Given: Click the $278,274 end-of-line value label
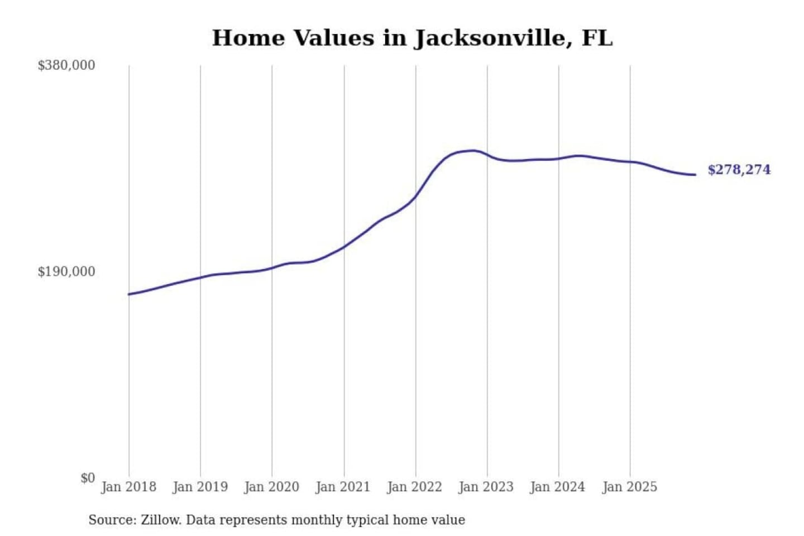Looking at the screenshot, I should pyautogui.click(x=739, y=170).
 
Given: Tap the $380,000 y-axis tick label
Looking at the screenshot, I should pyautogui.click(x=66, y=65).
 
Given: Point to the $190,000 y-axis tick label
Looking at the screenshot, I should pyautogui.click(x=66, y=272).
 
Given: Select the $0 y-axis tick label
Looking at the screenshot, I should pyautogui.click(x=87, y=478).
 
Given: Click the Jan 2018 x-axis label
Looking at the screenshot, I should pyautogui.click(x=128, y=487).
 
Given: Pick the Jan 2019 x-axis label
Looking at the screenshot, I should pyautogui.click(x=200, y=487).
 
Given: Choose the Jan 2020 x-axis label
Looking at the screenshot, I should pyautogui.click(x=271, y=487).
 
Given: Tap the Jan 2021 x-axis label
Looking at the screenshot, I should pyautogui.click(x=343, y=487).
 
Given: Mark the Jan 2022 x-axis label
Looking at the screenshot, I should pyautogui.click(x=414, y=487).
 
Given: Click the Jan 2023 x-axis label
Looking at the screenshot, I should pyautogui.click(x=486, y=487).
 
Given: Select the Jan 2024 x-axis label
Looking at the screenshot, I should pyautogui.click(x=557, y=487).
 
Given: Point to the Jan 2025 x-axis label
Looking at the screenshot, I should pyautogui.click(x=629, y=487).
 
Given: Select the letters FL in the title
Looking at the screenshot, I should pyautogui.click(x=597, y=38).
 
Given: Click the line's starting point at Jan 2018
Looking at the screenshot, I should pyautogui.click(x=129, y=294).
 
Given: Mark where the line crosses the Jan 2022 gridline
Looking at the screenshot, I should pyautogui.click(x=415, y=195).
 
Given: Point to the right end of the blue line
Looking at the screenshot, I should pyautogui.click(x=695, y=175).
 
